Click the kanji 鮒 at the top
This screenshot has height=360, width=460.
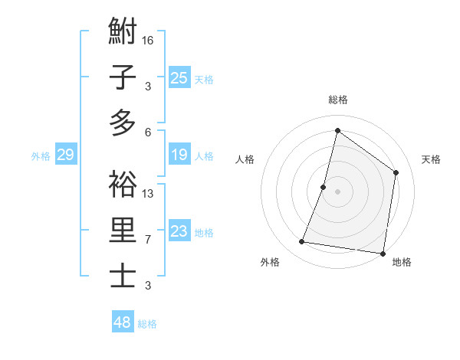pyautogui.click(x=123, y=33)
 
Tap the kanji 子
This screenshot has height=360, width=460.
pyautogui.click(x=123, y=78)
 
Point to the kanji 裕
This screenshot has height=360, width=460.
pyautogui.click(x=123, y=185)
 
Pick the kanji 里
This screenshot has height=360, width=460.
pyautogui.click(x=123, y=231)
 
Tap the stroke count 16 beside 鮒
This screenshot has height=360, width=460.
pyautogui.click(x=148, y=40)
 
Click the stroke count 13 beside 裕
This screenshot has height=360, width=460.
pyautogui.click(x=148, y=193)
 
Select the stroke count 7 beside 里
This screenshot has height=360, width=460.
pyautogui.click(x=148, y=240)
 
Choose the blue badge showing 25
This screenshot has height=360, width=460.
pyautogui.click(x=179, y=77)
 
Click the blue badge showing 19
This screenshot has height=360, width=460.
pyautogui.click(x=179, y=155)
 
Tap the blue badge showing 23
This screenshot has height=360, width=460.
pyautogui.click(x=179, y=231)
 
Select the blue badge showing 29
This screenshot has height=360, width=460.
pyautogui.click(x=65, y=155)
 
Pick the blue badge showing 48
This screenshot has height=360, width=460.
pyautogui.click(x=123, y=322)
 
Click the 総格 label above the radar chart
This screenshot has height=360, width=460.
pyautogui.click(x=337, y=100)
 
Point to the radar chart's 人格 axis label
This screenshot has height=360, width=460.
pyautogui.click(x=245, y=159)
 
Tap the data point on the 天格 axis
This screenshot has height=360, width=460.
pyautogui.click(x=396, y=172)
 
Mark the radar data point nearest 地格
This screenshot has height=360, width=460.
pyautogui.click(x=383, y=254)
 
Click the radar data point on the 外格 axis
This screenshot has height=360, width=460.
pyautogui.click(x=302, y=242)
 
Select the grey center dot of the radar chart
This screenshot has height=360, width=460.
pyautogui.click(x=337, y=191)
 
